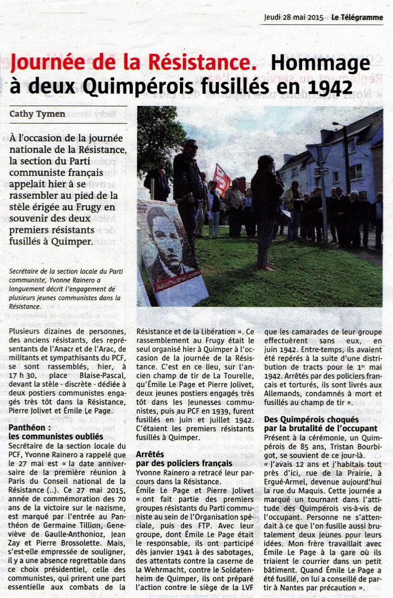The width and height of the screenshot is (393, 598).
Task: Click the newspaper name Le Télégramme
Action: (358, 17)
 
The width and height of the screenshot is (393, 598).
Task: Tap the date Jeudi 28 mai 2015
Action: (294, 17)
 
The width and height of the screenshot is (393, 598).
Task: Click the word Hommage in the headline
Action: (320, 63)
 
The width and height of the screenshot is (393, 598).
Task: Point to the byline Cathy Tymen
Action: (37, 114)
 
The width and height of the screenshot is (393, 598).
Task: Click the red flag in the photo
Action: (221, 180)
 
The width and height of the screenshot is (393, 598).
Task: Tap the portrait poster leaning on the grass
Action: (171, 252)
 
